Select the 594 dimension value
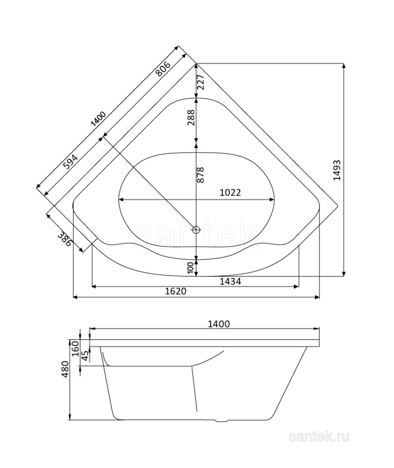coord(70,161)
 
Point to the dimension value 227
coord(200,82)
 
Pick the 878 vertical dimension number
coord(200,175)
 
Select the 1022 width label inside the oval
coord(230,192)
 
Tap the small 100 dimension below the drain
coord(190,267)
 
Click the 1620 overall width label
coord(176,291)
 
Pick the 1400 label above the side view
coord(218,323)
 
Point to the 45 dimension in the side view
coord(84,356)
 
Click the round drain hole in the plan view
coord(196,230)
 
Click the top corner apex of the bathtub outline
coord(197,63)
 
